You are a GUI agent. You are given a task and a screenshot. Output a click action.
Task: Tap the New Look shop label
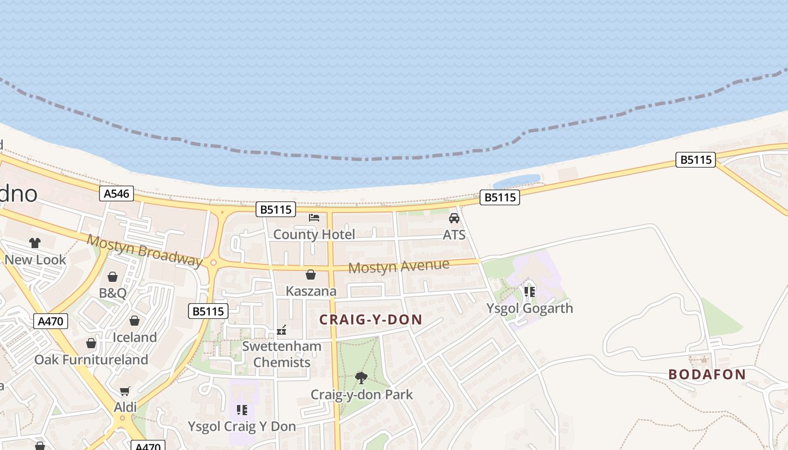coord(35,260)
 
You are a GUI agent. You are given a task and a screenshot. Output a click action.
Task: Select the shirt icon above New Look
coord(35,243)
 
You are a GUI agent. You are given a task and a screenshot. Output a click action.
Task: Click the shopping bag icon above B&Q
coord(113,277)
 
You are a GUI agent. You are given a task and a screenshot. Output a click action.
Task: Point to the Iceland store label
coord(135,337)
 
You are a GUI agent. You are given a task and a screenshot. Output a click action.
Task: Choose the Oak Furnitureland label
coord(91,360)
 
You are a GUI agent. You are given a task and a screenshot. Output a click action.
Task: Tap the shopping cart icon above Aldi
coord(125,391)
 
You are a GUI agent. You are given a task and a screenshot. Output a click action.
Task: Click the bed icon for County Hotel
coord(314,218)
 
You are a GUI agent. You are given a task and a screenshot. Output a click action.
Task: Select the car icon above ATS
coord(454,218)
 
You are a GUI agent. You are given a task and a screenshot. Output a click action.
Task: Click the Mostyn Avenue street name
coord(399,266)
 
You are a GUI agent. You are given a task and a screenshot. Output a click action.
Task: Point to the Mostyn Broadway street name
coord(145,250)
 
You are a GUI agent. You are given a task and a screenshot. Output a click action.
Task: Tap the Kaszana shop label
coord(311,291)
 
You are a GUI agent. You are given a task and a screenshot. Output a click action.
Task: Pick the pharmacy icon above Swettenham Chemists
coord(281,330)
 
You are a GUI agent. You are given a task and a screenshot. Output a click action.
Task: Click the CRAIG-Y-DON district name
coord(371,320)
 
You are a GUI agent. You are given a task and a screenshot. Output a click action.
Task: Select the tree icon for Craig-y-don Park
coord(361,378)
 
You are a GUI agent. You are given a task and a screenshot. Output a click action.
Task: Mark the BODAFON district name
coord(707,375)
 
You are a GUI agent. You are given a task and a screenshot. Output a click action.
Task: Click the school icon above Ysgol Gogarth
coord(529,291)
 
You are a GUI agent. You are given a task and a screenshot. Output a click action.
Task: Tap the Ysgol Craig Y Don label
coord(242,426)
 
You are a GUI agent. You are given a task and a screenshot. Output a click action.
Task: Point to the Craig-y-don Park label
coord(362,395)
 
